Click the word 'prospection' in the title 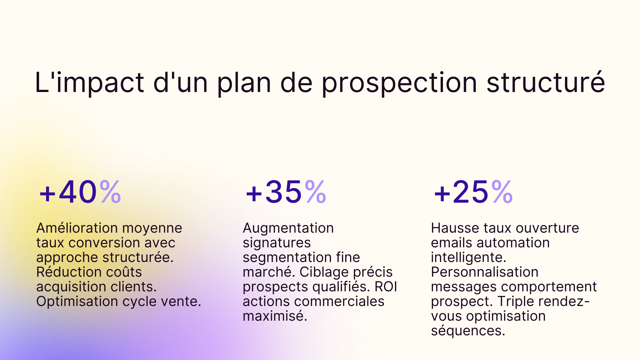pos(399,83)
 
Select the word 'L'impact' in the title pos(89,83)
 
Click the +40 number pos(68,192)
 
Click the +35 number pos(274,192)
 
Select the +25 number pos(461,192)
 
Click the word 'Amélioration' pos(77,228)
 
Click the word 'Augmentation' pos(288,228)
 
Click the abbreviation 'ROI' pos(386,287)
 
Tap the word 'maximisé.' pos(275,316)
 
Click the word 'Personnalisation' pos(484,272)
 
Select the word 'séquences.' pos(468,331)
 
